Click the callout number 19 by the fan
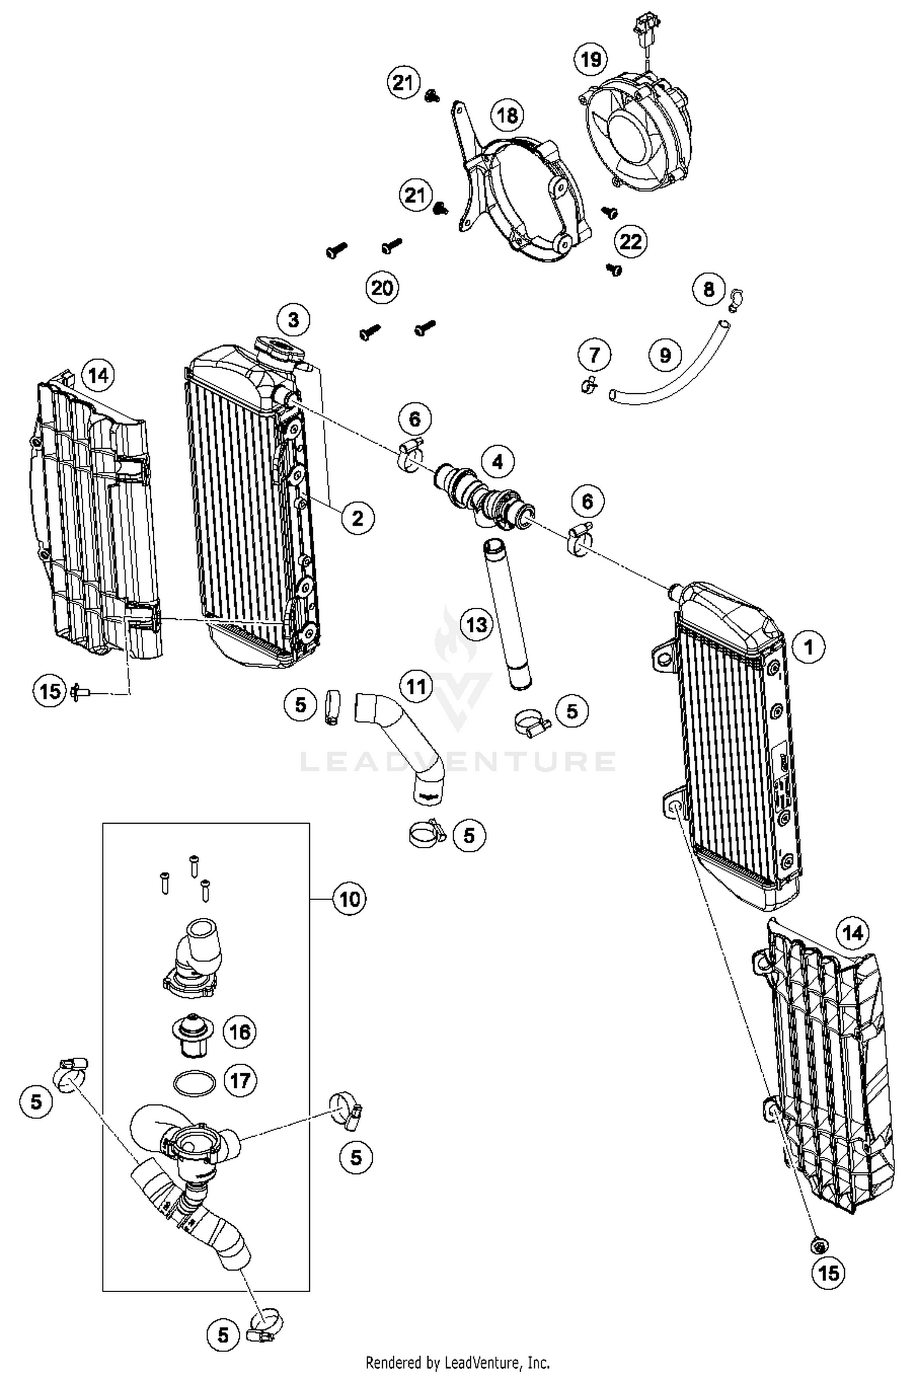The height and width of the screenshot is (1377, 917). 591,60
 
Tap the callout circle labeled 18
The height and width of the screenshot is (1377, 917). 507,115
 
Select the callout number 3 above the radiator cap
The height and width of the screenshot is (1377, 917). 293,320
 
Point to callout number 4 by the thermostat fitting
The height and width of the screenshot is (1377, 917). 498,462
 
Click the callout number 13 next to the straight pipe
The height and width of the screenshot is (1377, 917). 477,624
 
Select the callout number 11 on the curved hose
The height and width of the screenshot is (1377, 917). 416,687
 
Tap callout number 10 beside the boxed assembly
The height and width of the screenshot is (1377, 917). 349,899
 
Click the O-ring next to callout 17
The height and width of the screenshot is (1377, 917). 194,1084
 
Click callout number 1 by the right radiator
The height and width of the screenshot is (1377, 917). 809,647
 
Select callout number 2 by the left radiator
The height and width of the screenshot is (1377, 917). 357,519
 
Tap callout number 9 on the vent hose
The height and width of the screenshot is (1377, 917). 665,355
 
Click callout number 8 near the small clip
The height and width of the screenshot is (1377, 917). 709,289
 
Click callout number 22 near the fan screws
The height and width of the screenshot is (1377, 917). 631,242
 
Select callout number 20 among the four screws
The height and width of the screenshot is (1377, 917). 382,287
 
